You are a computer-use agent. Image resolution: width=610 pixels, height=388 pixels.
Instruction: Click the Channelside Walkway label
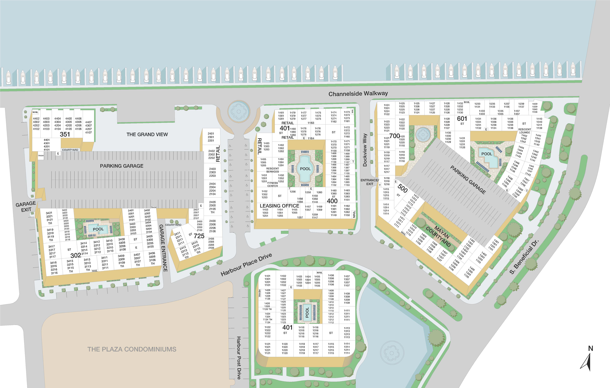click(358, 93)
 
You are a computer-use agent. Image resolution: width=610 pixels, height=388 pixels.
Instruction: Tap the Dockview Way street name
click(365, 150)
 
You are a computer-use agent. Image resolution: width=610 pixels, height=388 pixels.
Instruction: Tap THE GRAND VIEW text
click(147, 134)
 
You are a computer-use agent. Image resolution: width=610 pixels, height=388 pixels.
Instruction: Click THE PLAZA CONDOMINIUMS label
click(132, 349)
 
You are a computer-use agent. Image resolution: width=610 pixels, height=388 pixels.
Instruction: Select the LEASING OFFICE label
click(279, 206)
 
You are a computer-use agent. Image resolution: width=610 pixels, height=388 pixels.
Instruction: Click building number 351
click(65, 134)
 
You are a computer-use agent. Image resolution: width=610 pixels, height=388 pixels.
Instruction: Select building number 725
click(199, 236)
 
